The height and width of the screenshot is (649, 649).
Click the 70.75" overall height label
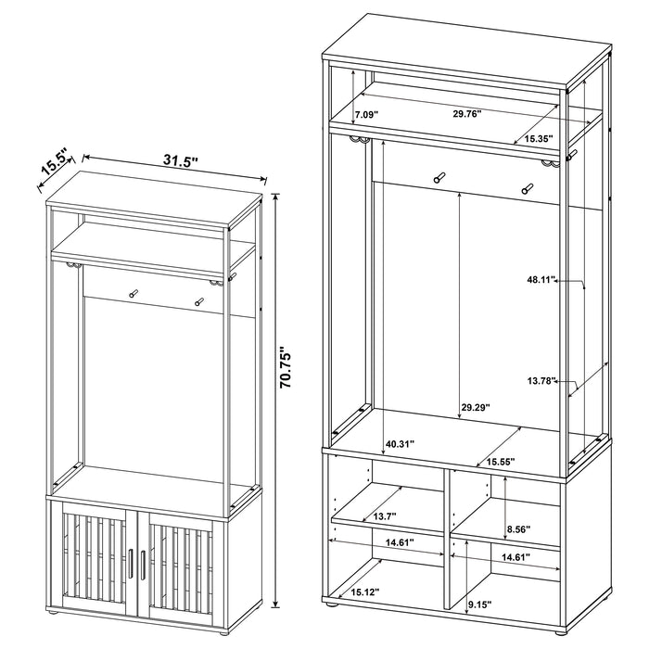coord(286,368)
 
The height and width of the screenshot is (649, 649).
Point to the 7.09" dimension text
coord(365,114)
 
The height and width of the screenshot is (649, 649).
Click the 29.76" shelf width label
coord(466,114)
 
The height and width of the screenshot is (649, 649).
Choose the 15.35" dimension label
coord(539,139)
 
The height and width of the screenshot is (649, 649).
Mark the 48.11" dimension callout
coord(541,280)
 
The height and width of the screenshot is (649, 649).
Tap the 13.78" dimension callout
coord(541,381)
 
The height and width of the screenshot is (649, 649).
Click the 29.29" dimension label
coord(476,407)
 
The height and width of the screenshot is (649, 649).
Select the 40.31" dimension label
coord(400,444)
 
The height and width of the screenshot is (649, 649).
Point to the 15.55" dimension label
coord(501,462)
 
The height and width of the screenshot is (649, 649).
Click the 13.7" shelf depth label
coord(385,516)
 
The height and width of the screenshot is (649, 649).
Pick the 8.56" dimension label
coord(518,528)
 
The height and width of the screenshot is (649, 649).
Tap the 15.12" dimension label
coord(365,592)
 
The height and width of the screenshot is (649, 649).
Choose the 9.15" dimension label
coord(479,604)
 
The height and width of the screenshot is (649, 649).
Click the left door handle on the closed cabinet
coord(131,565)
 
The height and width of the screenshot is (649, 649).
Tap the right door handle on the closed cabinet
coord(143,565)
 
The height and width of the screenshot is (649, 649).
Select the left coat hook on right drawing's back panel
coord(439,177)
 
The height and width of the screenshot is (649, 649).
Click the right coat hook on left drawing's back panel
coord(199,301)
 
